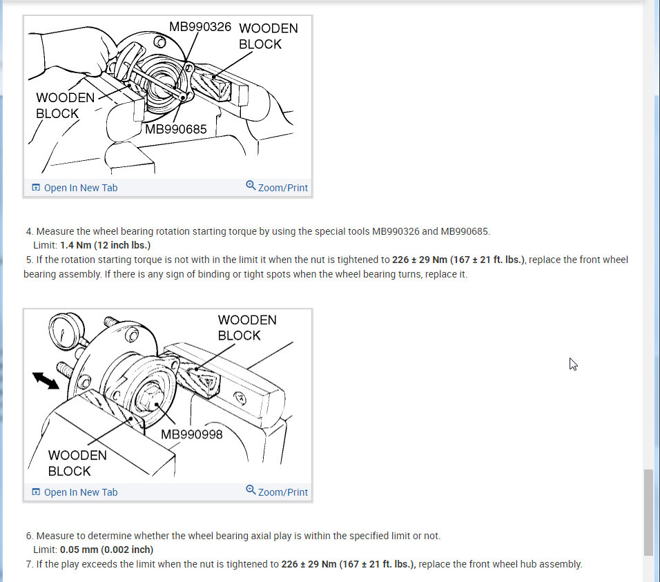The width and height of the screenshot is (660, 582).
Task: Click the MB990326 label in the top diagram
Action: tap(200, 28)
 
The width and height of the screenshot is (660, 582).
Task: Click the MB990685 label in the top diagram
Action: tap(175, 129)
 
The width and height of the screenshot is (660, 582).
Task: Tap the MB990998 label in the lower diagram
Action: tap(192, 434)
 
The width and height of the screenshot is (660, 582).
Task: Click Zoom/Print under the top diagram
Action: tap(278, 187)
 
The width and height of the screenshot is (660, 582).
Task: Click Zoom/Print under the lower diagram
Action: tap(278, 492)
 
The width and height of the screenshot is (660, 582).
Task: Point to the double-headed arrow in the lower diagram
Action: tap(46, 380)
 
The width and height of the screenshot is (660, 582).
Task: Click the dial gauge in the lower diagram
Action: tap(66, 335)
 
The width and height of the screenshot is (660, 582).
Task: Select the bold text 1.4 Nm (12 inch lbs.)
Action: tap(105, 245)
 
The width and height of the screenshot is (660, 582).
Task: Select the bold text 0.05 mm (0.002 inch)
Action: tap(106, 550)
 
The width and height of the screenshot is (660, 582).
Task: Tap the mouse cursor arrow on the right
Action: tap(573, 364)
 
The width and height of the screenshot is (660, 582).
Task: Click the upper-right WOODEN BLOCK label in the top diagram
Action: tap(269, 36)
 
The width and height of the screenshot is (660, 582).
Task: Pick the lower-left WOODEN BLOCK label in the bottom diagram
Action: tap(77, 463)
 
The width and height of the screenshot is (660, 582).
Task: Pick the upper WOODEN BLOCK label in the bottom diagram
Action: tap(247, 327)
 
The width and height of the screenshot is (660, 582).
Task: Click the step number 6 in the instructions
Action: tap(30, 536)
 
